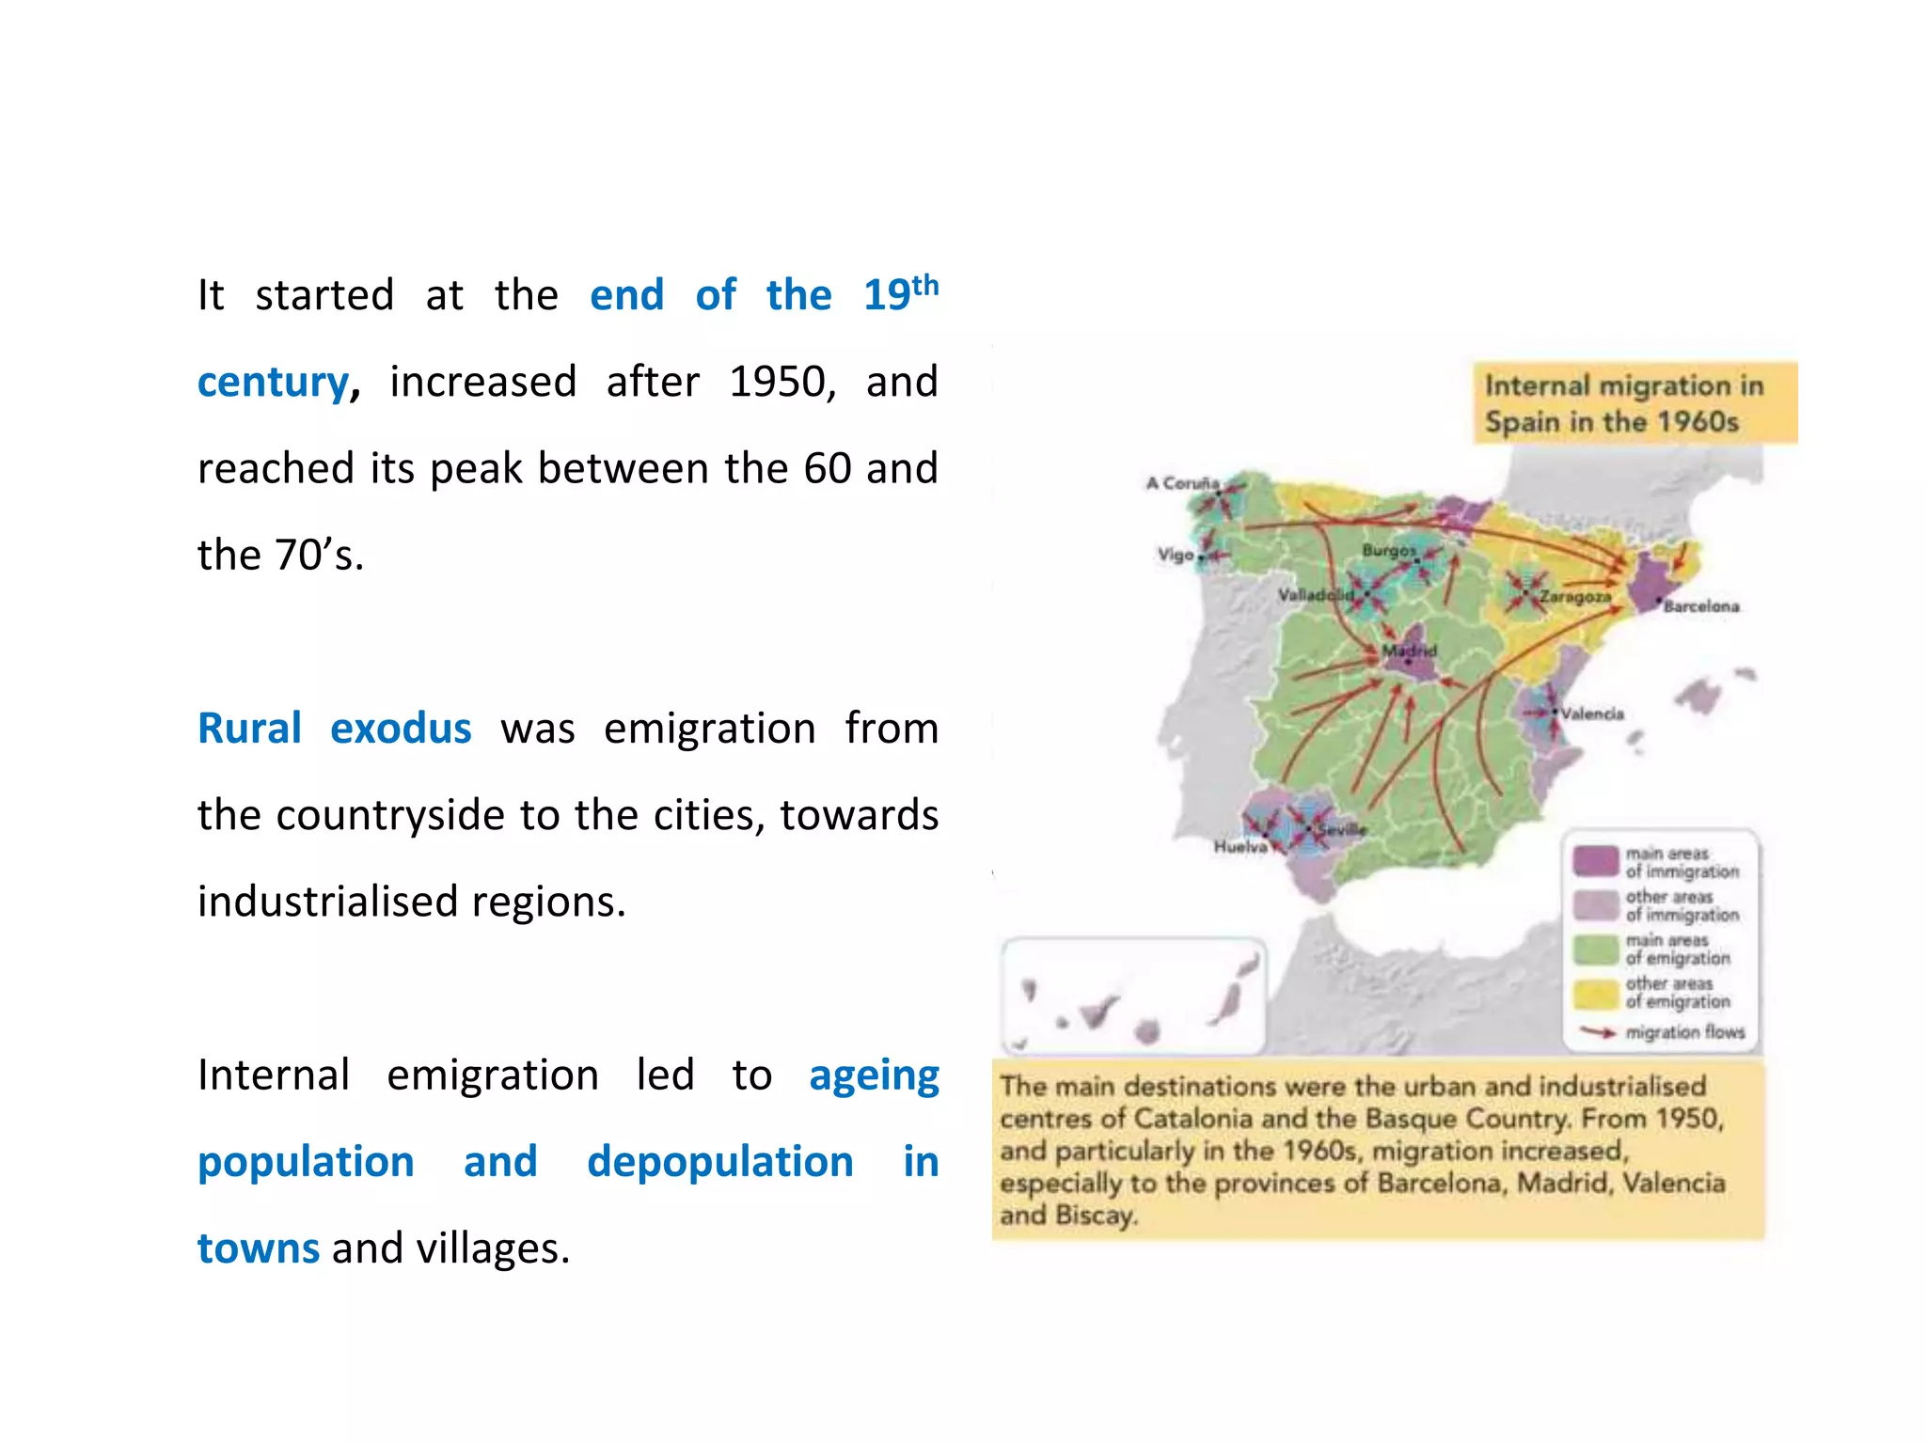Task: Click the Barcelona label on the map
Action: click(x=1701, y=606)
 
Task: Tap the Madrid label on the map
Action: click(x=1409, y=651)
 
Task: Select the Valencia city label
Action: click(x=1592, y=714)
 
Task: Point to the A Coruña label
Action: click(x=1182, y=483)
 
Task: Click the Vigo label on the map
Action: click(x=1176, y=555)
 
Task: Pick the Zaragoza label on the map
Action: click(x=1575, y=596)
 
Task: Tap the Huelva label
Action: click(x=1239, y=847)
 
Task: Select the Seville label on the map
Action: click(x=1342, y=829)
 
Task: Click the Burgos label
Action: click(x=1388, y=550)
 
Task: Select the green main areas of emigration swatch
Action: click(x=1595, y=949)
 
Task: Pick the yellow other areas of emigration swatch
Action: click(x=1595, y=993)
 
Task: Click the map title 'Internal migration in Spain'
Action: click(x=1624, y=403)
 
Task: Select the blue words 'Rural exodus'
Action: click(x=334, y=729)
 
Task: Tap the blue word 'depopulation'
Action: click(x=719, y=1162)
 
